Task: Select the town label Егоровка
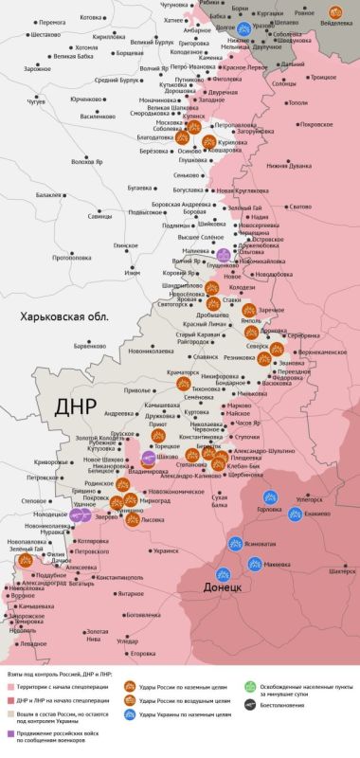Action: coord(142,654)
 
